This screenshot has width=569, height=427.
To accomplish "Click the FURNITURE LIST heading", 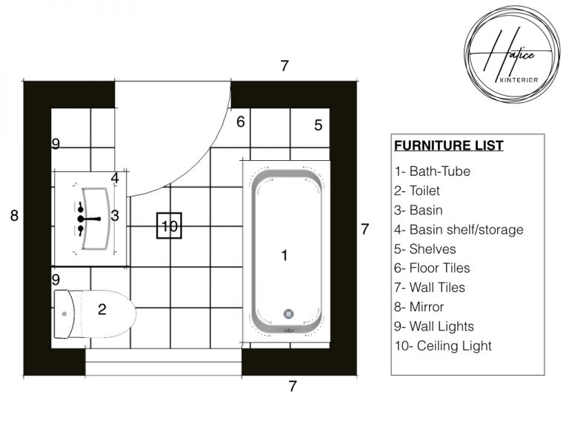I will pyautogui.click(x=449, y=145).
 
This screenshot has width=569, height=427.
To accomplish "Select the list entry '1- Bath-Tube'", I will pyautogui.click(x=432, y=171).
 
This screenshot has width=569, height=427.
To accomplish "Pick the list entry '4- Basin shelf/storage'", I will pyautogui.click(x=459, y=230).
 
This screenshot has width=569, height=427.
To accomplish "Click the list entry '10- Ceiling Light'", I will pyautogui.click(x=442, y=345).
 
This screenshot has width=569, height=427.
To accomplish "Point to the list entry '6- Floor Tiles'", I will pyautogui.click(x=432, y=268).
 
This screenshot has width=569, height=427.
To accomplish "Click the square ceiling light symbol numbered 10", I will pyautogui.click(x=170, y=226).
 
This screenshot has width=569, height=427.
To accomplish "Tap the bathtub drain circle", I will pyautogui.click(x=289, y=314).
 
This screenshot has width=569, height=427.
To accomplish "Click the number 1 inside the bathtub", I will pyautogui.click(x=284, y=255).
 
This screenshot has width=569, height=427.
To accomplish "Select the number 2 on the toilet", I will pyautogui.click(x=102, y=310).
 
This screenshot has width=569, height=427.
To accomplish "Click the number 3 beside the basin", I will pyautogui.click(x=115, y=216).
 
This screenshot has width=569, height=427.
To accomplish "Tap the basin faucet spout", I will pyautogui.click(x=90, y=219).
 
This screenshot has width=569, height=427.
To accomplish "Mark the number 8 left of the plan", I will pyautogui.click(x=14, y=216).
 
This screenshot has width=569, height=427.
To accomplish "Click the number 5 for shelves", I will pyautogui.click(x=318, y=125).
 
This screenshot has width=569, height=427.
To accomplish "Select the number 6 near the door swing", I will pyautogui.click(x=240, y=122).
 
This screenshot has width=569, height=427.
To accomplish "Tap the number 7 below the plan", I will pyautogui.click(x=293, y=386).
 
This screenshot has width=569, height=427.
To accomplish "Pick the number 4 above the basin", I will pyautogui.click(x=115, y=178).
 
